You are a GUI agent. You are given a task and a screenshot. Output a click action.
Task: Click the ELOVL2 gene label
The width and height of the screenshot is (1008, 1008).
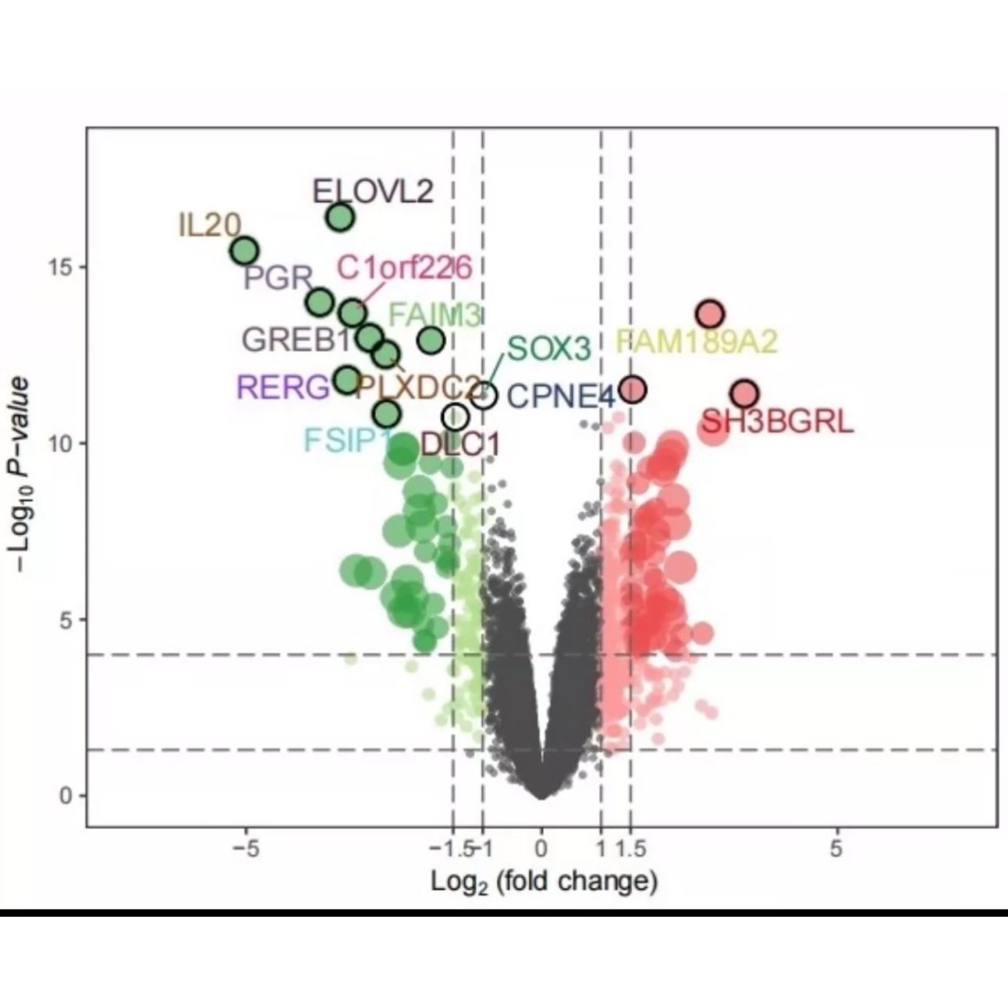(372, 191)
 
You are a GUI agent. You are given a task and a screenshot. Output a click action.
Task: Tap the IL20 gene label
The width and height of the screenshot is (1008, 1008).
(209, 225)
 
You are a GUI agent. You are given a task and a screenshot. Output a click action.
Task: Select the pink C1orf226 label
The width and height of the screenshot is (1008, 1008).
(404, 268)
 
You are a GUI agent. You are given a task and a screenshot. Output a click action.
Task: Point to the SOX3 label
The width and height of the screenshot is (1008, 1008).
(548, 349)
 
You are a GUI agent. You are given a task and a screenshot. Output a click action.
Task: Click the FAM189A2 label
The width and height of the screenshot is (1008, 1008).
(697, 342)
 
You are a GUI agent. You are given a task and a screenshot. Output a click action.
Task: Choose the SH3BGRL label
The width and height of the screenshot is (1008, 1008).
(776, 422)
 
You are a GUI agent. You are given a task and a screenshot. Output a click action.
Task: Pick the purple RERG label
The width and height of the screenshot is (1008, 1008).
(283, 387)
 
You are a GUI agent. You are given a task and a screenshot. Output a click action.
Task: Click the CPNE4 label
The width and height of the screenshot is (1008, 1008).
(561, 396)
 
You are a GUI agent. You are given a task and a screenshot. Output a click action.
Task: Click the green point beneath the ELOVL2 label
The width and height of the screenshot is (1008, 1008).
(340, 217)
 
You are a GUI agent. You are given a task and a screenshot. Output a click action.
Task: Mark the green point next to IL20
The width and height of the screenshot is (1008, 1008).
(245, 251)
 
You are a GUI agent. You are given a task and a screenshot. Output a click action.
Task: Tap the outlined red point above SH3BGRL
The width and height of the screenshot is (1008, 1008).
(745, 393)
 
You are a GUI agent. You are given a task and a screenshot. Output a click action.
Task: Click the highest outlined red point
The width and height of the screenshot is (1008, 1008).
(710, 314)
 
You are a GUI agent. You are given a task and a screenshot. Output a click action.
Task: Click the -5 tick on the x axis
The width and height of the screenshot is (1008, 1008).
(247, 849)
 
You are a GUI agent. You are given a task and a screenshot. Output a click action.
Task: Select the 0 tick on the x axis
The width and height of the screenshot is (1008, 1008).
(541, 849)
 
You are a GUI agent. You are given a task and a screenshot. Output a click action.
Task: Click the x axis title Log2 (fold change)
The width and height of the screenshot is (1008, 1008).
(545, 882)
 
